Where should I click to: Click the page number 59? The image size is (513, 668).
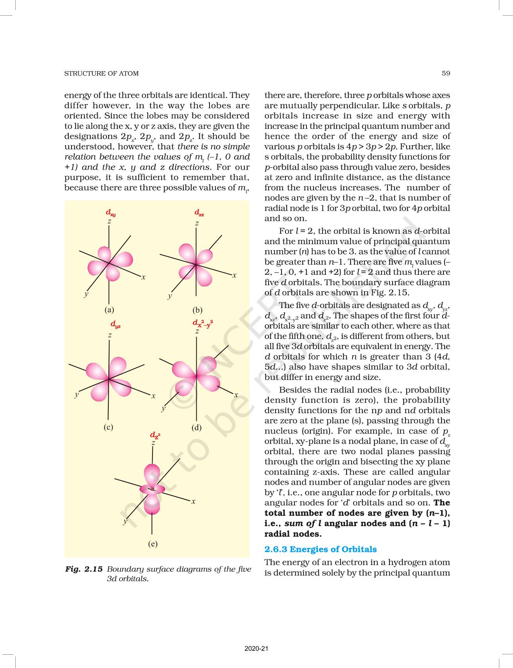445,73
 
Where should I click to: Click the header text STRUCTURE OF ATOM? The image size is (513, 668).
101,73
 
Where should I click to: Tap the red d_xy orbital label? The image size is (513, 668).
111,213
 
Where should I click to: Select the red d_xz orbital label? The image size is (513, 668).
199,213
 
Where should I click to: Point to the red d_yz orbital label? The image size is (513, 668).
115,324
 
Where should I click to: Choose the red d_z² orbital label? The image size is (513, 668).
155,435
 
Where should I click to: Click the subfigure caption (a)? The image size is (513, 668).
109,310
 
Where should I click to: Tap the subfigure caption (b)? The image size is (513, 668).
197,310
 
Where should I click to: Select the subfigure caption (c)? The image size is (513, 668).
108,427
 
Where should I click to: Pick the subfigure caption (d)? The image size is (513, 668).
196,427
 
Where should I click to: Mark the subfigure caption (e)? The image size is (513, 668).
152,544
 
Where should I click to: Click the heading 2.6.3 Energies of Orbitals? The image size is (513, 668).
320,549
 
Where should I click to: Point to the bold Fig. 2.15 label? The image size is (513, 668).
84,569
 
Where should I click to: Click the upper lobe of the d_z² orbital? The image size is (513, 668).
152,474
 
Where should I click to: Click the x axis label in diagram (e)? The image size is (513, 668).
193,501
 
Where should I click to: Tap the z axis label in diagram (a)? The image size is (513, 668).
109,221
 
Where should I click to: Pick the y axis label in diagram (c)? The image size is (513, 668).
77,395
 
